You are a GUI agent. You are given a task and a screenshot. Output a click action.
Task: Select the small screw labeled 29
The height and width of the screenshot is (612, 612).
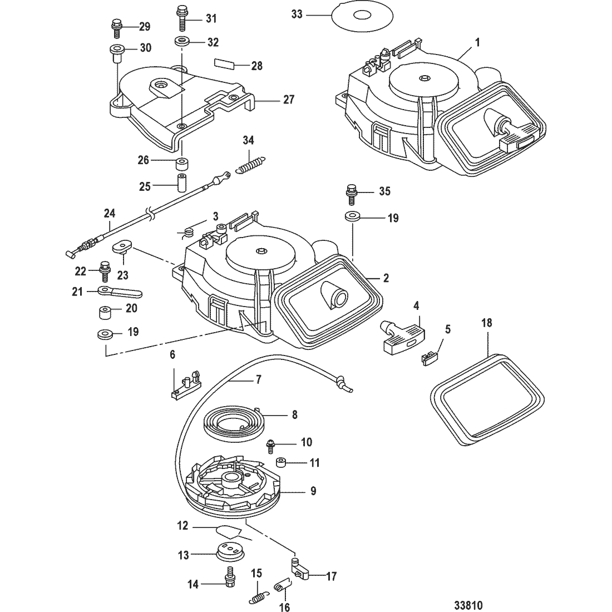(x=116, y=27)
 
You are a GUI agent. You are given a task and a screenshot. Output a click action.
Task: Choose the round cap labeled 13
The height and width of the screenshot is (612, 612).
(x=230, y=551)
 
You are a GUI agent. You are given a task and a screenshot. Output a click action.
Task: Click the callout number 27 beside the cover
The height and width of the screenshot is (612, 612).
(x=288, y=100)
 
